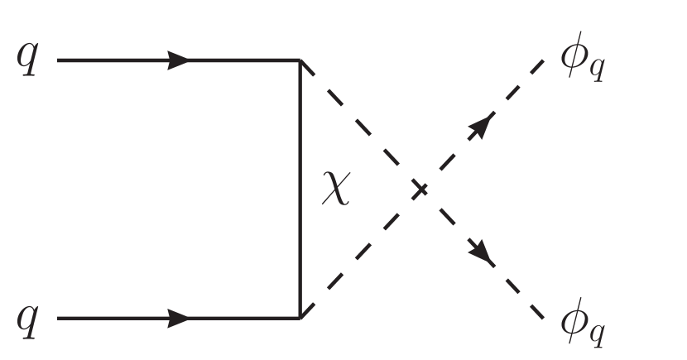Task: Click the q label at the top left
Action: coord(26,64)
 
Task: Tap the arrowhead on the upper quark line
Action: coord(178,60)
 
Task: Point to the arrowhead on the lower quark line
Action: coord(178,318)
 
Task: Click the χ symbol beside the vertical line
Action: coord(337,191)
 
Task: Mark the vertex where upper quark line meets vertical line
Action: coord(299,60)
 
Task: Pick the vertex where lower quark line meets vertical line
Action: coord(299,318)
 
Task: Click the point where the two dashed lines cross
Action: coord(421,190)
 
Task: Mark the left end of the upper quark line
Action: coord(58,60)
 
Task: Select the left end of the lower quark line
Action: coord(58,318)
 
